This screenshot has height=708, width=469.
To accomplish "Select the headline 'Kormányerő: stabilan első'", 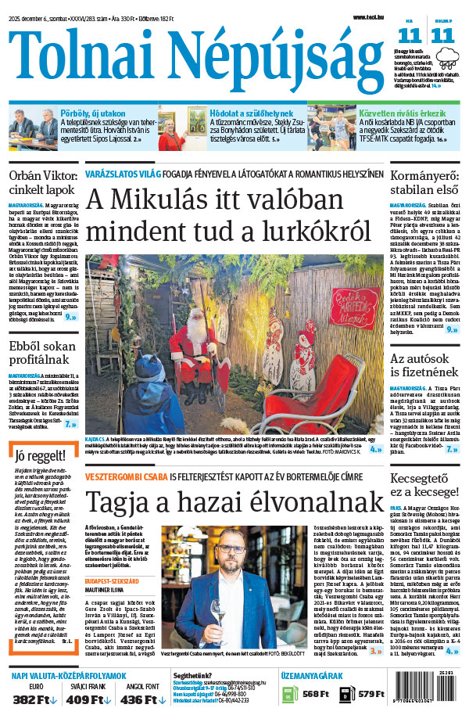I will (x=424, y=185).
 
